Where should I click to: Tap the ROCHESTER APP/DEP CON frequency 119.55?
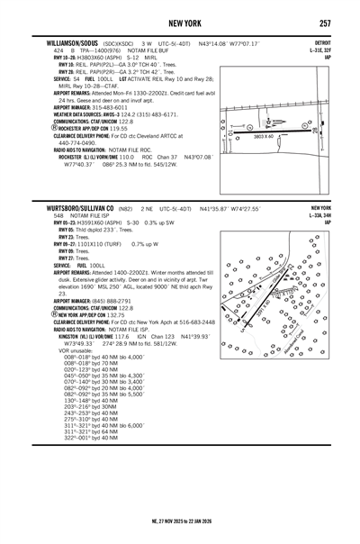coord(118,128)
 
